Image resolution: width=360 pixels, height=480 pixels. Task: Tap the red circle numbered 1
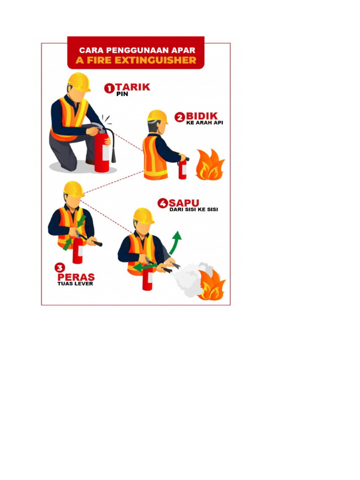[x=109, y=88]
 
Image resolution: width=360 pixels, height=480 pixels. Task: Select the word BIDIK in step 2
[x=202, y=116]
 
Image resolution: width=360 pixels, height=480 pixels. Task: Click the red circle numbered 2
[x=180, y=117]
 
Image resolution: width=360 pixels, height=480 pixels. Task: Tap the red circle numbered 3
[x=60, y=268]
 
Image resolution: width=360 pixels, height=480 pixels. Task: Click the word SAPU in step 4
[x=184, y=203]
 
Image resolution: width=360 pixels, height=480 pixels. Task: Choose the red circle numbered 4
[x=163, y=203]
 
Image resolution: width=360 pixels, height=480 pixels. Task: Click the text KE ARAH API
[x=204, y=123]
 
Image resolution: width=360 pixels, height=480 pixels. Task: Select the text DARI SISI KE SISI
[x=194, y=210]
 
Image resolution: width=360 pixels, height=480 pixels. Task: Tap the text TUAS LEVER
[x=75, y=284]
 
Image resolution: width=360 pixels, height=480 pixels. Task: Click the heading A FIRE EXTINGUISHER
[x=136, y=60]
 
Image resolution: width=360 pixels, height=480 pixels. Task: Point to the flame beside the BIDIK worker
[x=210, y=165]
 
